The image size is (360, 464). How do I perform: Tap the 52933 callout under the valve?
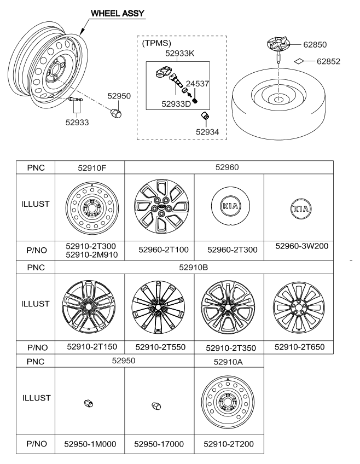click(x=77, y=123)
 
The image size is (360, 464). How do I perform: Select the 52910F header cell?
click(x=90, y=167)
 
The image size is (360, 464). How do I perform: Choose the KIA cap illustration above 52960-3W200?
click(x=299, y=210)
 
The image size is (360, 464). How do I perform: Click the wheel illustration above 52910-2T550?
click(x=159, y=308)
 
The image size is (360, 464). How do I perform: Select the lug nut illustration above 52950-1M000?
click(x=87, y=403)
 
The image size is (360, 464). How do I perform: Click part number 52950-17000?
click(x=159, y=444)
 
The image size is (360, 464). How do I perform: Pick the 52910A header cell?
click(x=229, y=361)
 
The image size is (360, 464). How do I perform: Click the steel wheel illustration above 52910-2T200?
click(x=229, y=404)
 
